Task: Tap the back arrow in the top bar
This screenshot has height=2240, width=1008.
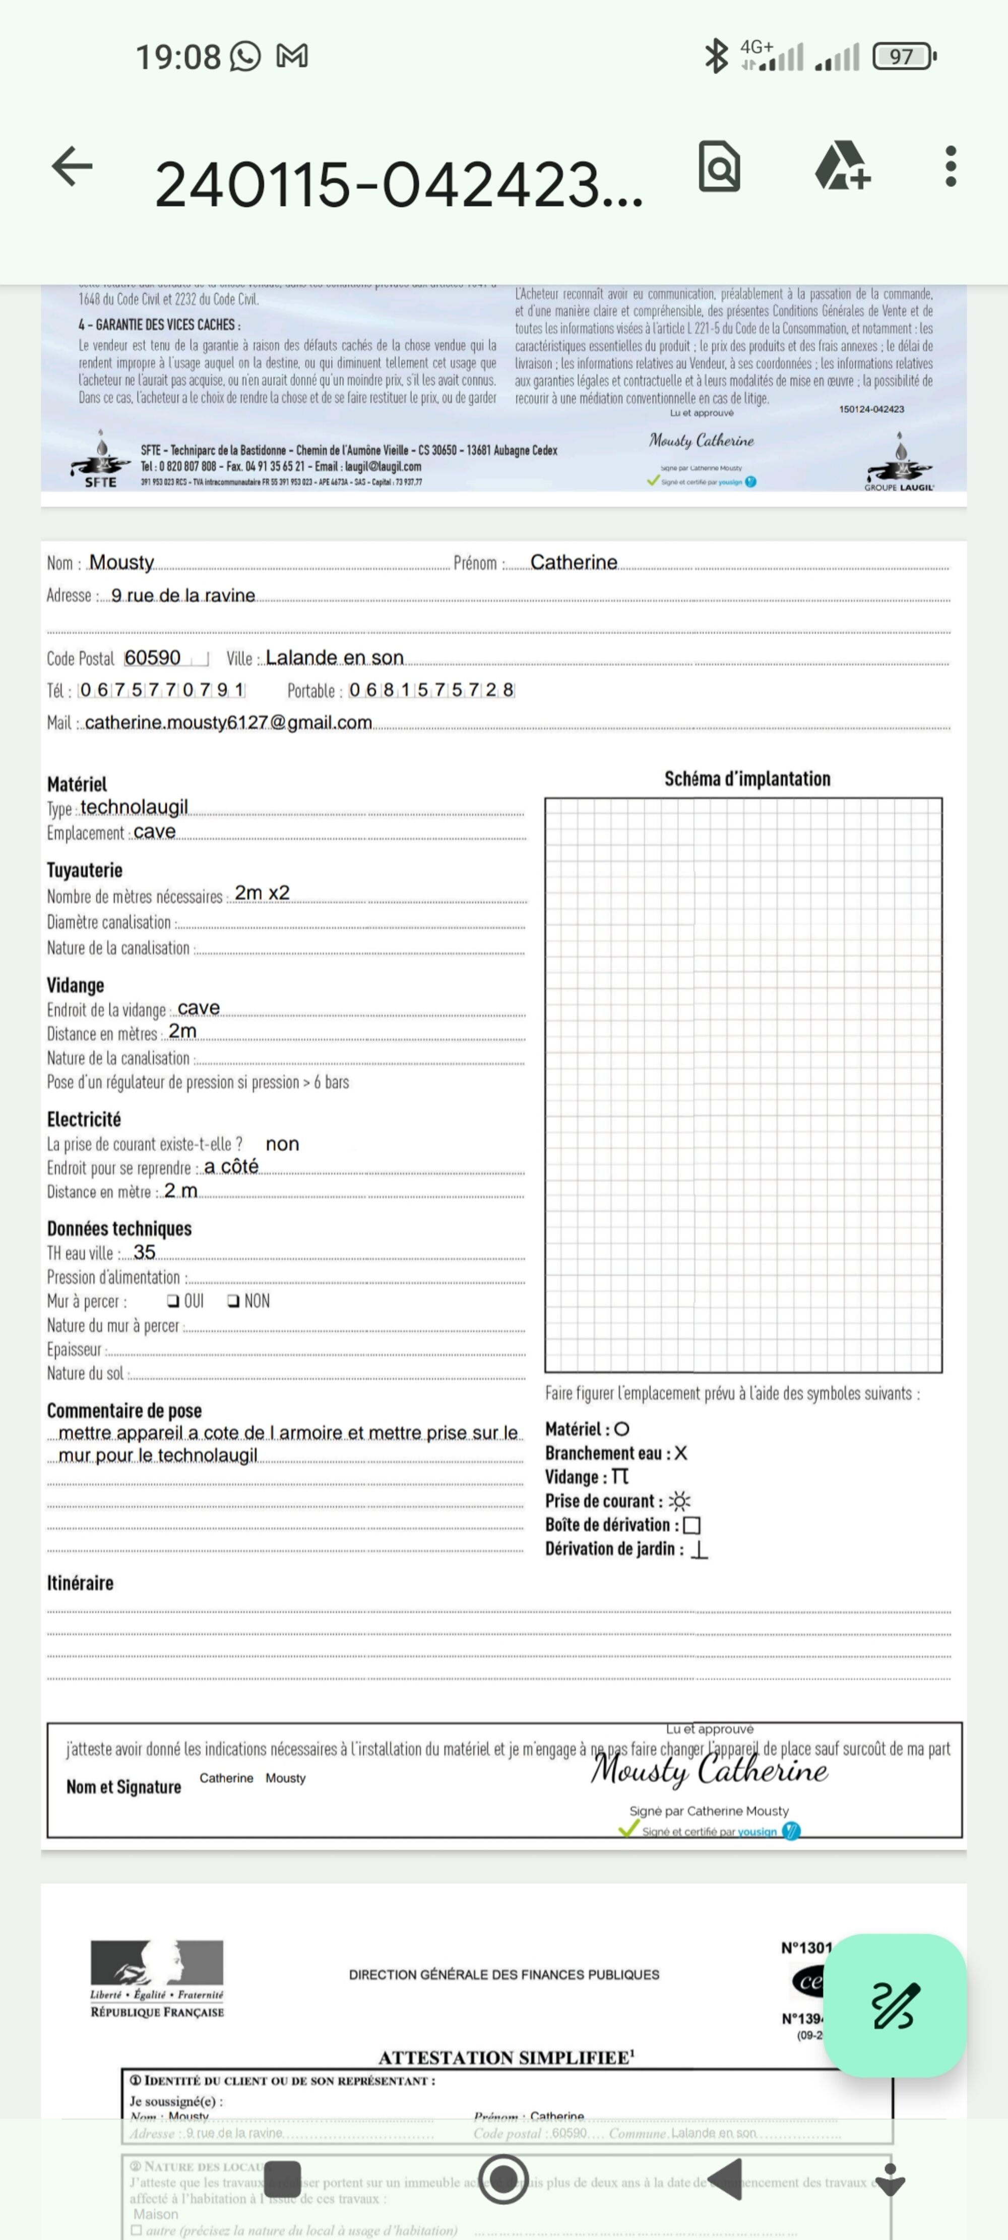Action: (72, 166)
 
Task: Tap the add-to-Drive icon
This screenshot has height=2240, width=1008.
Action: (842, 166)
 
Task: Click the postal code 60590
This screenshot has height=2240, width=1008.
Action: (153, 657)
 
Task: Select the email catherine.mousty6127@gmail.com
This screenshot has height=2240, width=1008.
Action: (228, 723)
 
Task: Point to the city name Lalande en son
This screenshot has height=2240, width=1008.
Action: (335, 657)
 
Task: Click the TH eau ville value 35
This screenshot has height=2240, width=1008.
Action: (144, 1252)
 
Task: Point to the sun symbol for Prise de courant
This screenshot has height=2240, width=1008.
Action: (680, 1501)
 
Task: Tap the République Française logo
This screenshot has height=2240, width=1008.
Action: (157, 1979)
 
